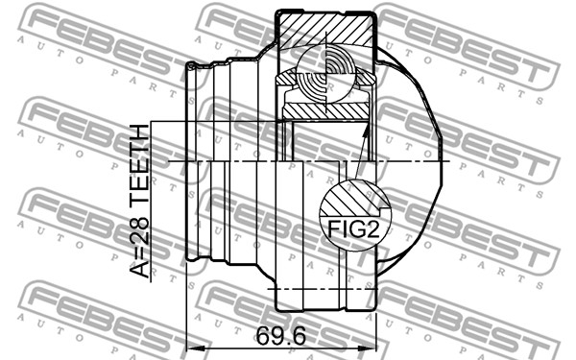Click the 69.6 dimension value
click(281, 335)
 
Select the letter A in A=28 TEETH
click(140, 269)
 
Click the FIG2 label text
click(353, 228)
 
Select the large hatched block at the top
click(326, 31)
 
